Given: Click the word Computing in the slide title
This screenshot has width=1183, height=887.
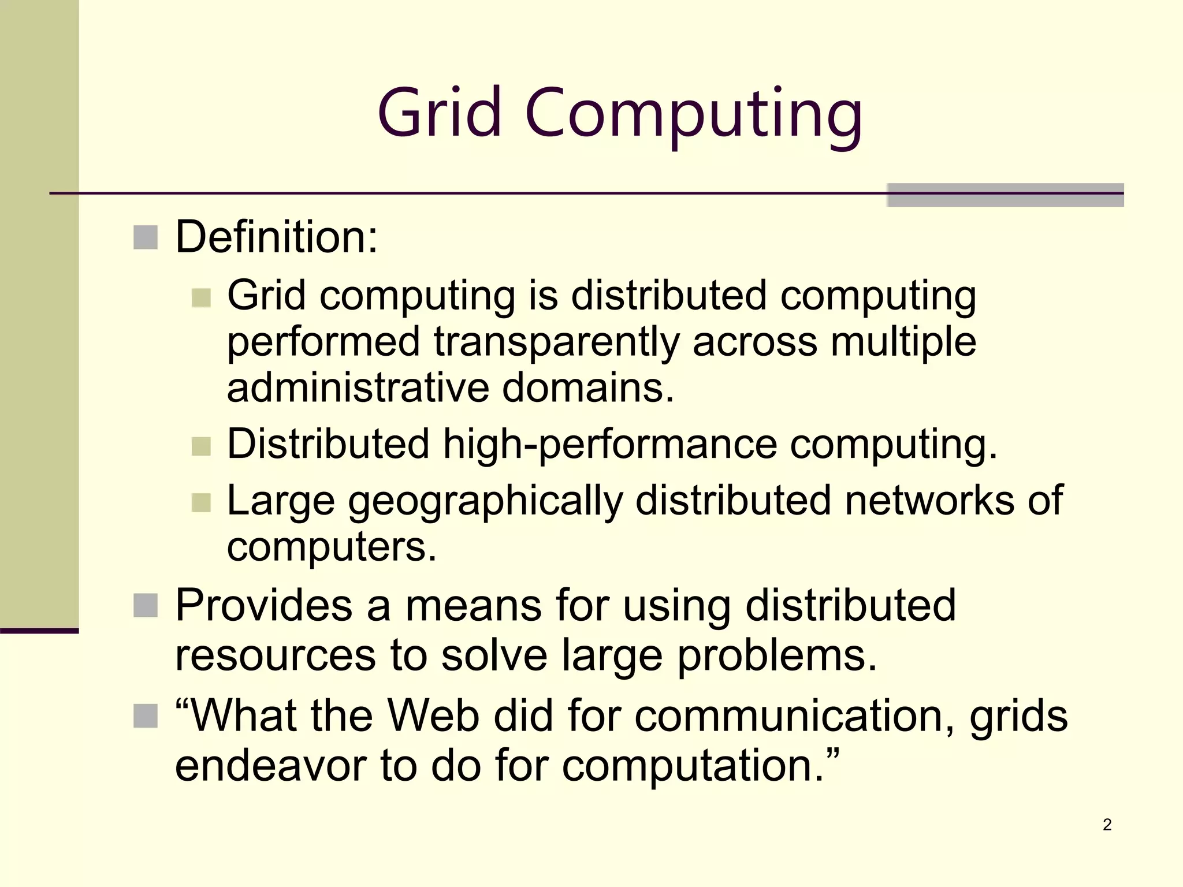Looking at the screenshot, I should pos(694,115).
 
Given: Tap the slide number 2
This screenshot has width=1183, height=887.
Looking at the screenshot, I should pos(1107,825).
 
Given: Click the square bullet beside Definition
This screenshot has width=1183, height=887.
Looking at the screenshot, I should pos(146,237).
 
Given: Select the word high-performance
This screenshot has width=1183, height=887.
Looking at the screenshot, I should pos(610,445).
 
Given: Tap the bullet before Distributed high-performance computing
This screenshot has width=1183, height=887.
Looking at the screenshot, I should pos(201,446).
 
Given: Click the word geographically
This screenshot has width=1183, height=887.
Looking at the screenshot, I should pos(486,501).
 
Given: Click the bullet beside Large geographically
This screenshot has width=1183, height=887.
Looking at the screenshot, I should pos(201,502).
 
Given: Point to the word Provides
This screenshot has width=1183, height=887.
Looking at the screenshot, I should pos(264,605).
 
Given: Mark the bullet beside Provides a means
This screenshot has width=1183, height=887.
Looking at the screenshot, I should pos(146,606).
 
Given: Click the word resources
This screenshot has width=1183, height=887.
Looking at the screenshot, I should pos(276,657).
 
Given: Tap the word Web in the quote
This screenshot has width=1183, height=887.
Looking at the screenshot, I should pos(433,716).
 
